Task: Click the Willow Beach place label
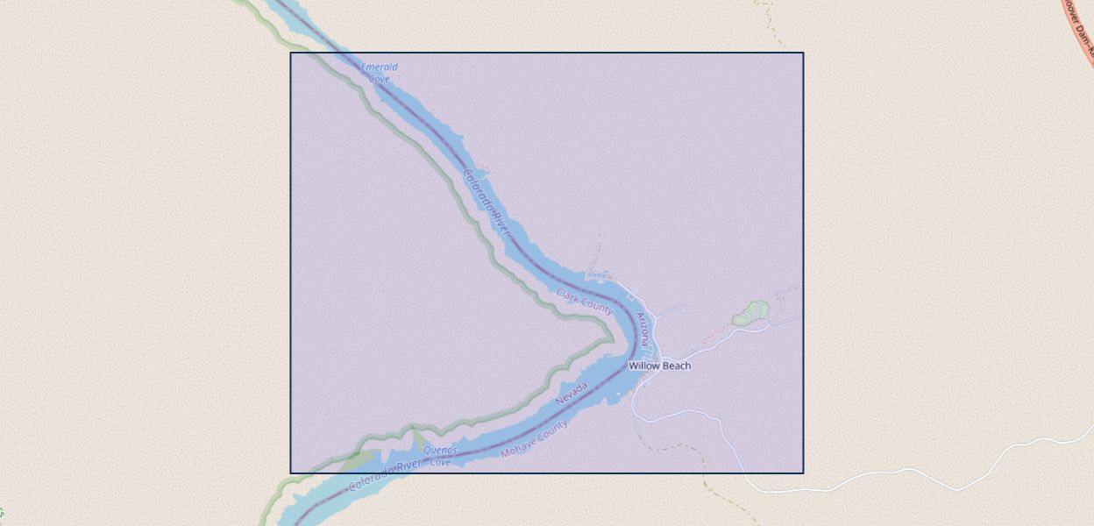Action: [x=659, y=366]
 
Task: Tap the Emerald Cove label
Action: [x=380, y=73]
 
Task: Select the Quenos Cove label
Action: [x=440, y=455]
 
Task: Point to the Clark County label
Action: [x=585, y=301]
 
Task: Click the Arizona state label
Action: [x=644, y=329]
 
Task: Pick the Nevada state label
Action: [x=572, y=394]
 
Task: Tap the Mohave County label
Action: [x=534, y=438]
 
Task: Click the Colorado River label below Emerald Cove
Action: [x=487, y=202]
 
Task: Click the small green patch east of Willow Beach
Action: [x=751, y=312]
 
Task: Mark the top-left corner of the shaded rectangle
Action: [x=291, y=53]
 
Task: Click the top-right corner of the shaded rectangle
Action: [x=803, y=53]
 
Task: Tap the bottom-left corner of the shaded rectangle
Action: [x=291, y=473]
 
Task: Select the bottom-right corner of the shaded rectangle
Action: [x=803, y=473]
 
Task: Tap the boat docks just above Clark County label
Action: [x=600, y=276]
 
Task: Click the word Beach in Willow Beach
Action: [x=676, y=366]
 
